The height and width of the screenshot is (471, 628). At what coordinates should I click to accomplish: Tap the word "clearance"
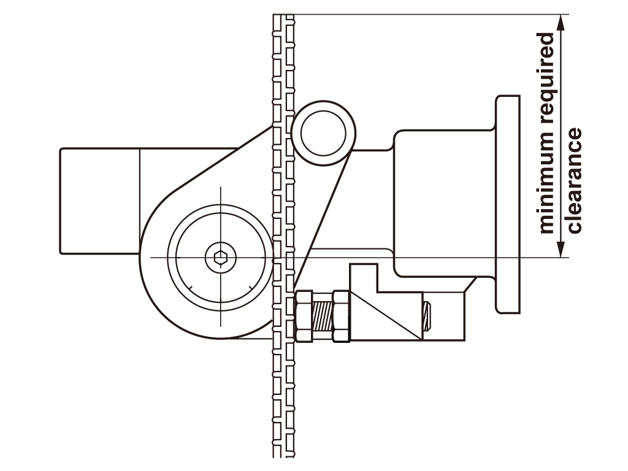pyautogui.click(x=574, y=180)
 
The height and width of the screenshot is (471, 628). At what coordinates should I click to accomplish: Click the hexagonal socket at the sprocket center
pyautogui.click(x=220, y=257)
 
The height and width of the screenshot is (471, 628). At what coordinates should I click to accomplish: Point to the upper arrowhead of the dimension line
pyautogui.click(x=561, y=23)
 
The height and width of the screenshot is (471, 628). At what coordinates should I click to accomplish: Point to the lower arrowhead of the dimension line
pyautogui.click(x=561, y=248)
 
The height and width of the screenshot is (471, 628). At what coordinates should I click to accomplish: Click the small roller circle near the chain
pyautogui.click(x=324, y=133)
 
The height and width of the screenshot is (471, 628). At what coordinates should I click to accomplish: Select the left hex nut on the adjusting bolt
pyautogui.click(x=304, y=316)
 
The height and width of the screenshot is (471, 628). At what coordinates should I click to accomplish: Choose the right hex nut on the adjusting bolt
pyautogui.click(x=342, y=316)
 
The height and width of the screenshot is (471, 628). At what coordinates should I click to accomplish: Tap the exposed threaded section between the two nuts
pyautogui.click(x=323, y=316)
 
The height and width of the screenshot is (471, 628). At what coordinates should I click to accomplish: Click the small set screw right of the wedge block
pyautogui.click(x=427, y=316)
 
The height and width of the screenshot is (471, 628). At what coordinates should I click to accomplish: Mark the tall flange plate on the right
pyautogui.click(x=508, y=204)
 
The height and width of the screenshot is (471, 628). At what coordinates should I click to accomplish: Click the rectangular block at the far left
pyautogui.click(x=100, y=201)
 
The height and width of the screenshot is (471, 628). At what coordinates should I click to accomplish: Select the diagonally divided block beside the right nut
pyautogui.click(x=386, y=316)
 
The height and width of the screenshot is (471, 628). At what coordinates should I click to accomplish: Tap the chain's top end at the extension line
pyautogui.click(x=283, y=16)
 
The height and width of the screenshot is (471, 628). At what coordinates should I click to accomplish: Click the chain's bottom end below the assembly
pyautogui.click(x=283, y=455)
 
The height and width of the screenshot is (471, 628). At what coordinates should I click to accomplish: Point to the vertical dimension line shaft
pyautogui.click(x=561, y=136)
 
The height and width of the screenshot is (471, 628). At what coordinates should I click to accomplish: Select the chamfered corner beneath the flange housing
pyautogui.click(x=470, y=285)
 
